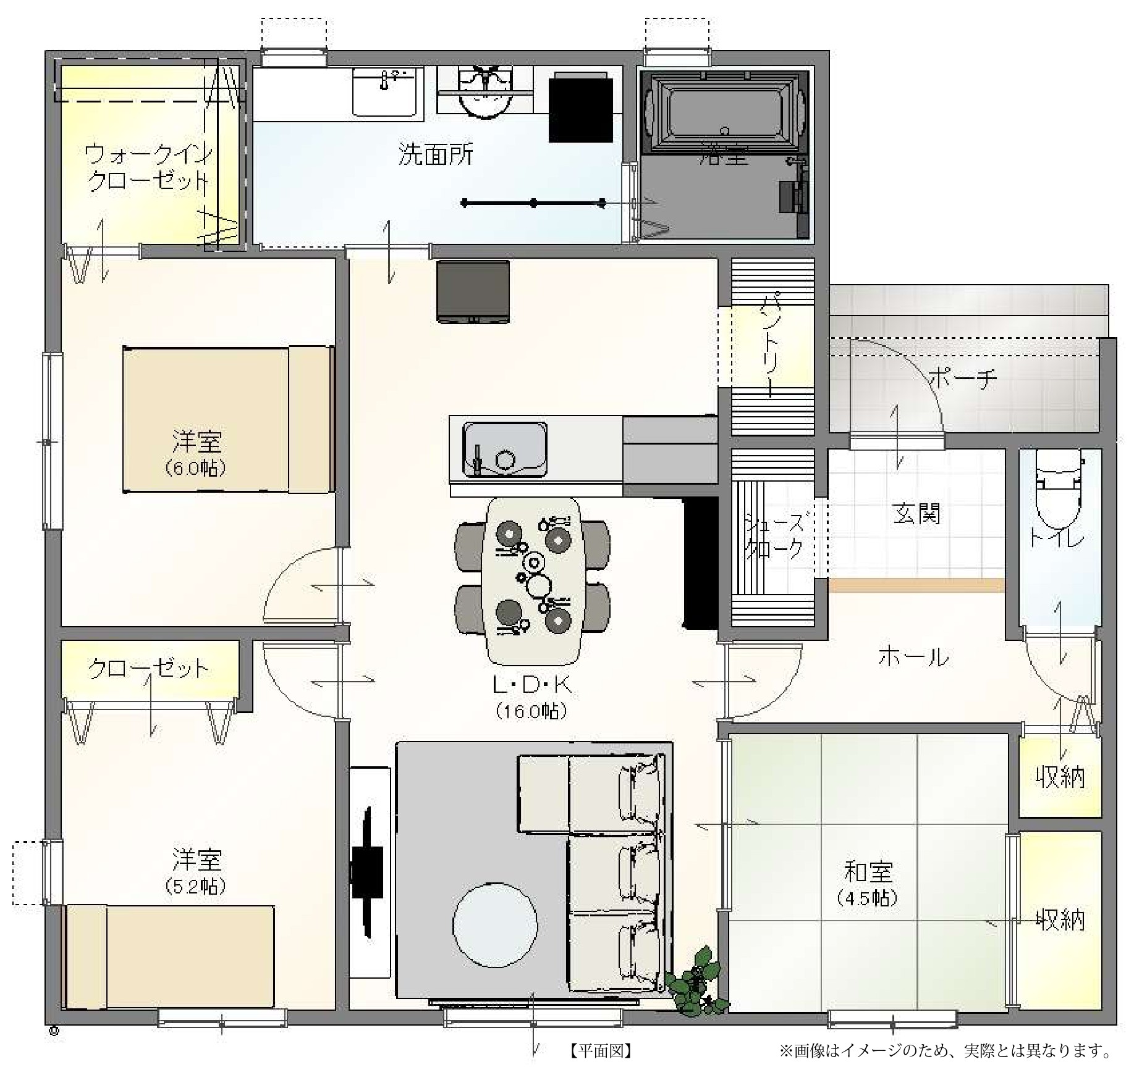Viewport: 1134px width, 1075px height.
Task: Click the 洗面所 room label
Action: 436,155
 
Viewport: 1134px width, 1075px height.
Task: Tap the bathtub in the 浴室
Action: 726,112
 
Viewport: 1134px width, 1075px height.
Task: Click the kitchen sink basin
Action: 505,450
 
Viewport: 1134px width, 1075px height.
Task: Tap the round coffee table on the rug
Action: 494,924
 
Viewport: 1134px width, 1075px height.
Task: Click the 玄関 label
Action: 916,514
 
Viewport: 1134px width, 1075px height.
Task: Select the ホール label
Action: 913,657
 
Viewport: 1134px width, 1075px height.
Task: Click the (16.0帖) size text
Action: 531,711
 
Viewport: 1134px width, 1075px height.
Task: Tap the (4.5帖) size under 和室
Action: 868,897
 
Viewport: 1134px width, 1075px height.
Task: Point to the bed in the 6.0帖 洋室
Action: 228,419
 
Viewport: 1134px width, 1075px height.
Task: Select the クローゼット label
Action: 149,669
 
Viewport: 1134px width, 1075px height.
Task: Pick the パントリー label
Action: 772,345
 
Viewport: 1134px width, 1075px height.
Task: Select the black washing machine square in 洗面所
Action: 581,106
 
